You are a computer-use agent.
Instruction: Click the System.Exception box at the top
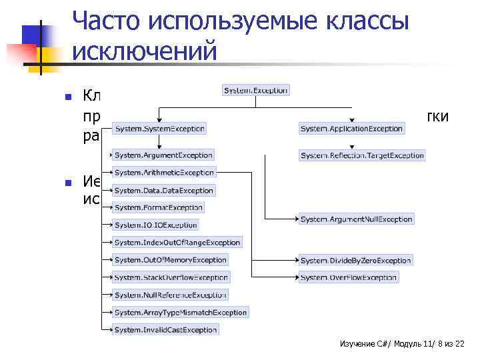[x=255, y=90]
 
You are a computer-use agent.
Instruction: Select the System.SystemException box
[x=159, y=128]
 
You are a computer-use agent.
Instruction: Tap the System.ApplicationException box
[x=352, y=128]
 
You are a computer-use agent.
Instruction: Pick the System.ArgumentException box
[x=163, y=155]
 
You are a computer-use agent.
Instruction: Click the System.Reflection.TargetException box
[x=362, y=155]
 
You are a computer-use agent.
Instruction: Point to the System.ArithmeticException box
[x=163, y=173]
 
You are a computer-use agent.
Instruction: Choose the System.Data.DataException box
[x=163, y=191]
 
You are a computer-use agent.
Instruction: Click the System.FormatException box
[x=158, y=208]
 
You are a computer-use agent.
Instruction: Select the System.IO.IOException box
[x=155, y=225]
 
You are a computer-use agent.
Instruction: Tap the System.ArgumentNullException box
[x=357, y=219]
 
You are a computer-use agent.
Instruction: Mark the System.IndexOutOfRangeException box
[x=177, y=243]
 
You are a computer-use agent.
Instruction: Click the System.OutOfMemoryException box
[x=170, y=260]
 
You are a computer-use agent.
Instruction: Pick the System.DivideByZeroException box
[x=355, y=260]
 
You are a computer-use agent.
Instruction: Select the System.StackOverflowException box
[x=171, y=277]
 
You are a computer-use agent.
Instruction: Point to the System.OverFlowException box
[x=348, y=277]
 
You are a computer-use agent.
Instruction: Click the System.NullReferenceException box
[x=170, y=295]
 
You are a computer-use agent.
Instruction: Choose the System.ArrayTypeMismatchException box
[x=180, y=312]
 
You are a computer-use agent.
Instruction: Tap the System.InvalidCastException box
[x=165, y=329]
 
